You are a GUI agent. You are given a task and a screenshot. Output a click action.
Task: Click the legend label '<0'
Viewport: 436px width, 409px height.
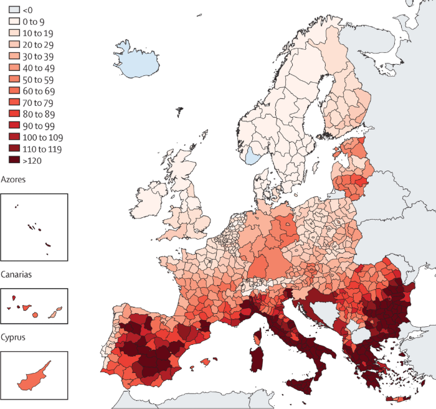point(27,10)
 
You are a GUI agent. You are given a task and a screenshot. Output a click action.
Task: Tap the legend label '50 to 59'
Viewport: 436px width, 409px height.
point(37,79)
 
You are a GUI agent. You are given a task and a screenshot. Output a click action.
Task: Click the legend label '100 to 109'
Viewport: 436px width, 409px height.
point(42,136)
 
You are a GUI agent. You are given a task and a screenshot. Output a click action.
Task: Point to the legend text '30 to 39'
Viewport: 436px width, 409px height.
point(37,56)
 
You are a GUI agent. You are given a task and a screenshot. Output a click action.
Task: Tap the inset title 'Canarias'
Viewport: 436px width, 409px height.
point(17,274)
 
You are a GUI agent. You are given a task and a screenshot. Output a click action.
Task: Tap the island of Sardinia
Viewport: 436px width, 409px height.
point(256,360)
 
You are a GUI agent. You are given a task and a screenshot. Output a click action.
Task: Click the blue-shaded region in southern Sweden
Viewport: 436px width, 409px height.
point(253,155)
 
